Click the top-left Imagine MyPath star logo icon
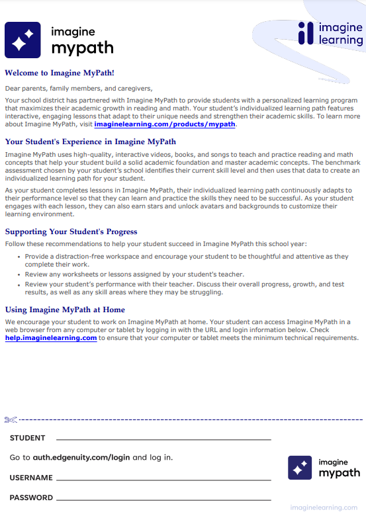23,40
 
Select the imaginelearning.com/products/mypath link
165,124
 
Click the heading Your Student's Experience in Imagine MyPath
90,142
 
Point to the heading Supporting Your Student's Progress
71,232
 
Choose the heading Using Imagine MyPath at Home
65,310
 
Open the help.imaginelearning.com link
51,338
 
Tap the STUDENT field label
28,438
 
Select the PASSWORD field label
31,497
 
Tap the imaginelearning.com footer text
323,507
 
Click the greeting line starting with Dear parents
78,88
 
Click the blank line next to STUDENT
163,439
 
